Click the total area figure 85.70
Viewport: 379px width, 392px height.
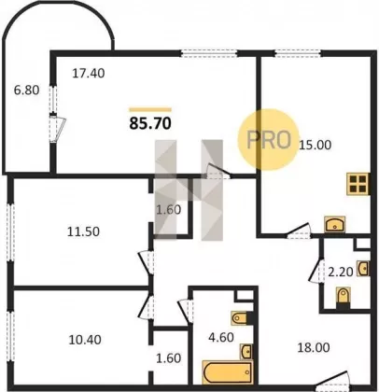point(150,123)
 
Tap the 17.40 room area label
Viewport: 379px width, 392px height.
point(89,74)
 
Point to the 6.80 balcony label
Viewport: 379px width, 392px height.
point(27,91)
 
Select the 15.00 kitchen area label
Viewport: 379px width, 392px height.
point(315,145)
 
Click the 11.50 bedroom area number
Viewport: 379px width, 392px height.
point(83,231)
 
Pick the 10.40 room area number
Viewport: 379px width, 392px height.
point(85,340)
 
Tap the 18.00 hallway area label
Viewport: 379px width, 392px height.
point(314,347)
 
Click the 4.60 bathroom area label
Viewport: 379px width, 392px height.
point(221,337)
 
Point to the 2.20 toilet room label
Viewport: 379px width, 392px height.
point(341,273)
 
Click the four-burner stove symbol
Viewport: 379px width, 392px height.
point(358,184)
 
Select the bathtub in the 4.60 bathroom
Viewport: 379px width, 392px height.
point(228,372)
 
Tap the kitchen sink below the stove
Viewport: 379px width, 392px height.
point(334,224)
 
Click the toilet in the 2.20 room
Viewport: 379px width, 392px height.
point(344,298)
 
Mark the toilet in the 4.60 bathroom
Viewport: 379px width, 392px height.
point(240,318)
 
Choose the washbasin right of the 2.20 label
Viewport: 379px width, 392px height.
point(363,269)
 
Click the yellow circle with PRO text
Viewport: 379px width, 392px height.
point(268,139)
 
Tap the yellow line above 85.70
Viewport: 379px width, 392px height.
point(150,109)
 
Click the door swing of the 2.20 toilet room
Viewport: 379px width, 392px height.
point(316,270)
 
